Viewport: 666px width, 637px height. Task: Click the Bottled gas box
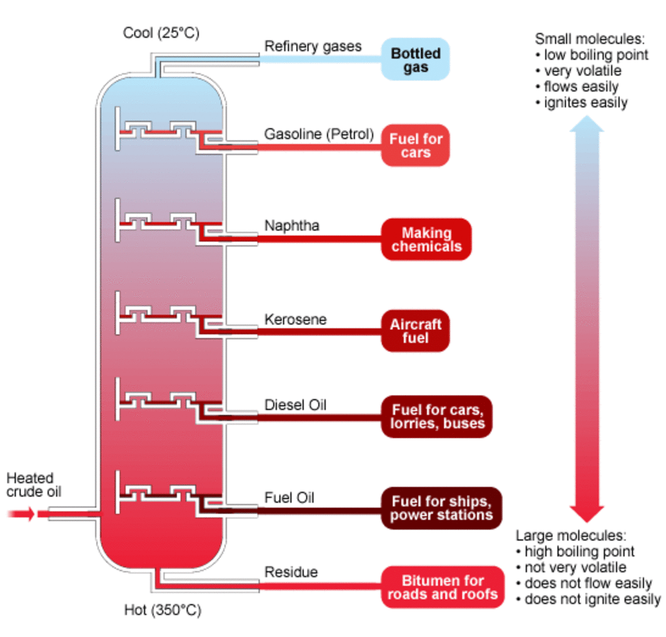click(x=415, y=60)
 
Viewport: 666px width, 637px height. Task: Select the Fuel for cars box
click(x=415, y=146)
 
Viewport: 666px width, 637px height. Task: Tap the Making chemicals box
click(x=426, y=239)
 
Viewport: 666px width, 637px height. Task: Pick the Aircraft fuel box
click(x=415, y=331)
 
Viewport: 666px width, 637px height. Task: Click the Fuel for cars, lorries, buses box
click(x=437, y=417)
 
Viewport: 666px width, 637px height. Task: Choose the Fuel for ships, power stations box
click(x=441, y=508)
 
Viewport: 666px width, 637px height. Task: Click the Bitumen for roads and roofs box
click(x=442, y=588)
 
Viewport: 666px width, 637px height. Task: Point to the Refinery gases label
click(x=312, y=46)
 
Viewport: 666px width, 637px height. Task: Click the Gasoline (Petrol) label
click(x=319, y=134)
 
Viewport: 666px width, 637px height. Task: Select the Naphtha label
click(x=291, y=225)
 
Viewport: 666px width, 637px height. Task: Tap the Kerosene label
click(x=295, y=319)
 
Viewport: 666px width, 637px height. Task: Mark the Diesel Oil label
click(x=295, y=405)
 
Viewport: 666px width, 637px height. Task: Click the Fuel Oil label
click(x=289, y=498)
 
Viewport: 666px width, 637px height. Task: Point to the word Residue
click(x=291, y=572)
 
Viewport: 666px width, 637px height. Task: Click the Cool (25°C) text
click(x=161, y=33)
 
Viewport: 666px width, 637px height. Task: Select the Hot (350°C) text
click(x=162, y=610)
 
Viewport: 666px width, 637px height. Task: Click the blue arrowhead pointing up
click(x=587, y=125)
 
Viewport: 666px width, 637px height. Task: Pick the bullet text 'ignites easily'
click(x=585, y=103)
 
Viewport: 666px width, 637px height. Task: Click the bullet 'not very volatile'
click(x=575, y=567)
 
